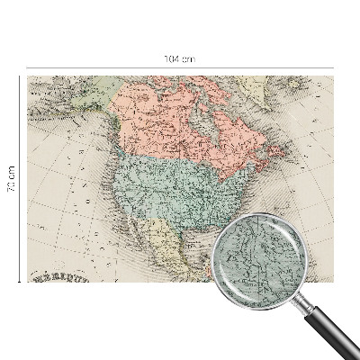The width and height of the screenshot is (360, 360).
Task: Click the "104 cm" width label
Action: point(180,58)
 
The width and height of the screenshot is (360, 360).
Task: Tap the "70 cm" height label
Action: point(12,179)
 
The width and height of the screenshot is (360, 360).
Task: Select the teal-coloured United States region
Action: point(171,184)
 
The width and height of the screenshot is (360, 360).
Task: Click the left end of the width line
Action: point(27,67)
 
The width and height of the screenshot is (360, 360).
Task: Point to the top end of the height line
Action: point(19,76)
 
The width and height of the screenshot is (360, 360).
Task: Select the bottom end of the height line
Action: point(19,282)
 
